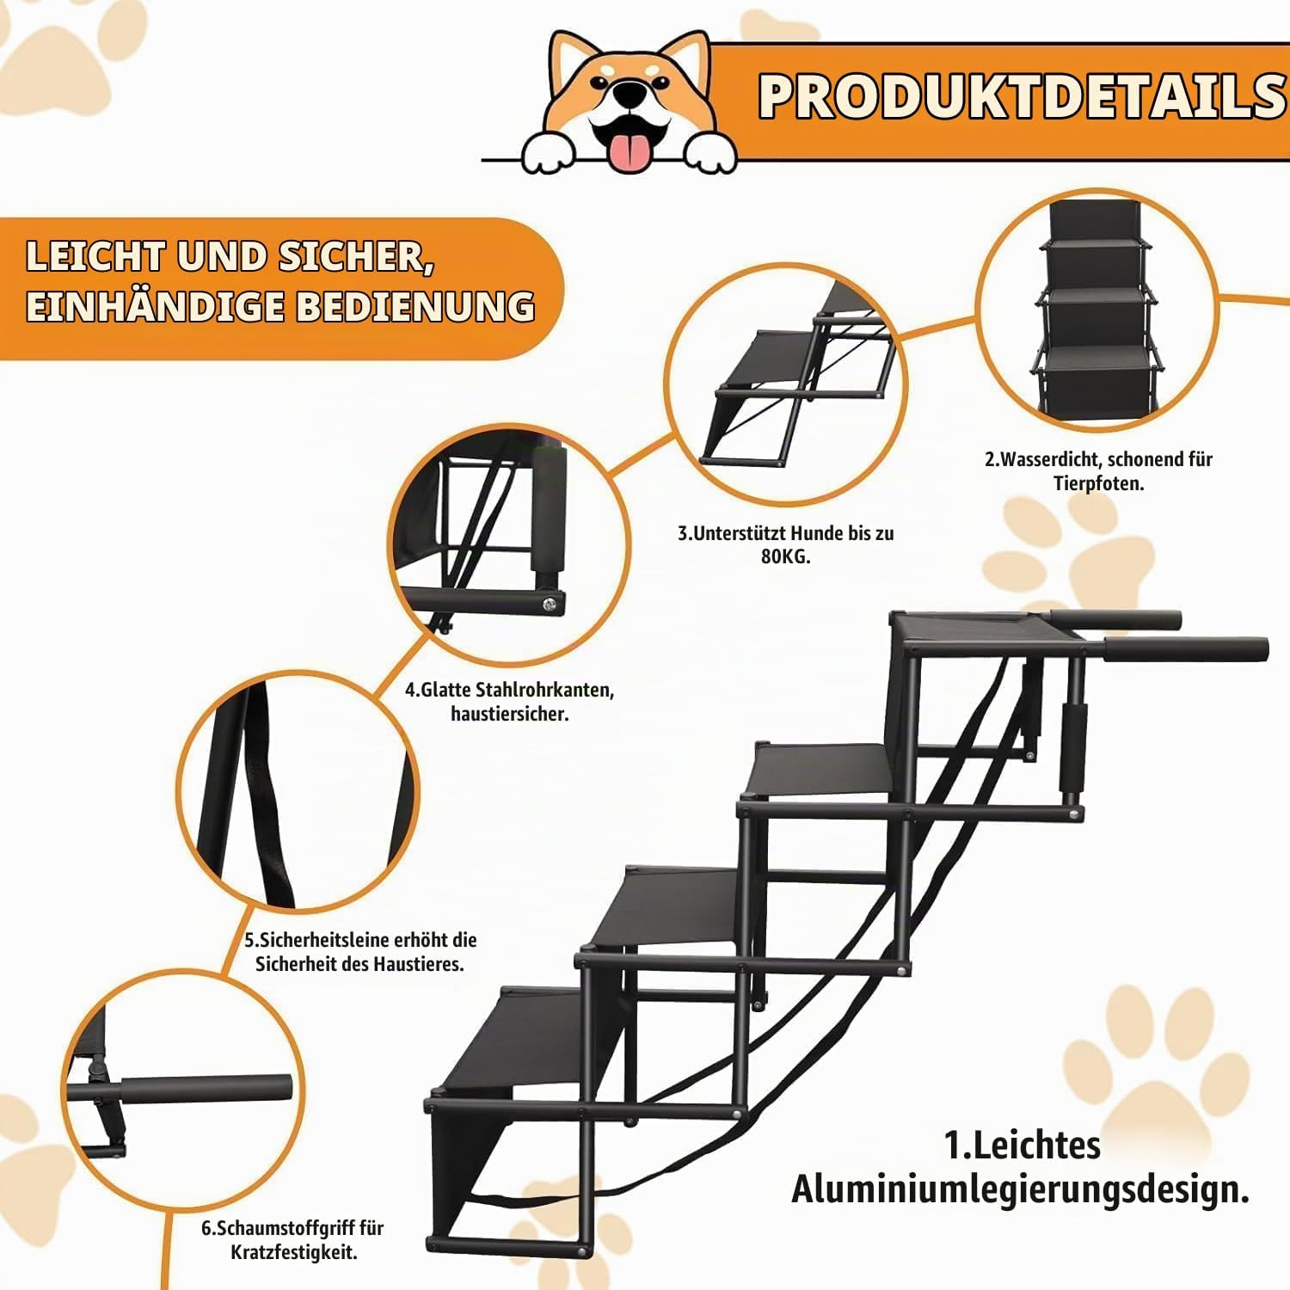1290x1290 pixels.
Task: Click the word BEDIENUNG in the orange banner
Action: pyautogui.click(x=415, y=306)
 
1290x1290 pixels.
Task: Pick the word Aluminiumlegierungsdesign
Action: pyautogui.click(x=1020, y=1189)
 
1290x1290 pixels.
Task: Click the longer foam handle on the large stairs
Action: pyautogui.click(x=1187, y=648)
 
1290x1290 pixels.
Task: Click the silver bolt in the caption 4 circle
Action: pyautogui.click(x=548, y=604)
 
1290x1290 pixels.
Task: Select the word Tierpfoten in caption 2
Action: pyautogui.click(x=1098, y=483)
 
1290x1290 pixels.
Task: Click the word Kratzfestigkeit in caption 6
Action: pyautogui.click(x=293, y=1252)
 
